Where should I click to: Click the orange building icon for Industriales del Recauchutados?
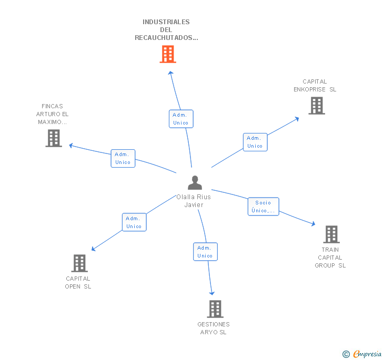pyautogui.click(x=168, y=54)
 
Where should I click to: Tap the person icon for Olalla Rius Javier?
pyautogui.click(x=195, y=182)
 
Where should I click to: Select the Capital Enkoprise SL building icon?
pyautogui.click(x=316, y=105)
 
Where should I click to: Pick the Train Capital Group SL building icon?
pyautogui.click(x=331, y=234)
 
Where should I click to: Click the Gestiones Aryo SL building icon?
pyautogui.click(x=215, y=308)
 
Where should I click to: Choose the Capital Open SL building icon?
pyautogui.click(x=79, y=263)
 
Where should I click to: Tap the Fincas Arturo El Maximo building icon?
pyautogui.click(x=54, y=138)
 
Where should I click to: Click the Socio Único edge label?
pyautogui.click(x=263, y=207)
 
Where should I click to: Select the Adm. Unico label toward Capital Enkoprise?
pyautogui.click(x=255, y=142)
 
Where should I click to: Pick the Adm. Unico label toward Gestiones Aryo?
pyautogui.click(x=205, y=252)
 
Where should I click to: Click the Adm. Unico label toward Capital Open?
pyautogui.click(x=134, y=222)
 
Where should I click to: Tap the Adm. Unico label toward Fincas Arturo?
pyautogui.click(x=123, y=158)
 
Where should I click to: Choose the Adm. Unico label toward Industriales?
pyautogui.click(x=180, y=119)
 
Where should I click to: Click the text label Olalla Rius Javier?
pyautogui.click(x=194, y=201)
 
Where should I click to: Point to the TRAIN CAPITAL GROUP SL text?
pyautogui.click(x=330, y=258)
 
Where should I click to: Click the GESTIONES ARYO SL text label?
pyautogui.click(x=214, y=328)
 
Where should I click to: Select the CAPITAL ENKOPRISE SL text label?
pyautogui.click(x=315, y=85)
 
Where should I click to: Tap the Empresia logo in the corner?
pyautogui.click(x=362, y=354)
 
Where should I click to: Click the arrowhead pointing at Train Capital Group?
pyautogui.click(x=314, y=224)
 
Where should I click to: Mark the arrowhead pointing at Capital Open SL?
pyautogui.click(x=94, y=249)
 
